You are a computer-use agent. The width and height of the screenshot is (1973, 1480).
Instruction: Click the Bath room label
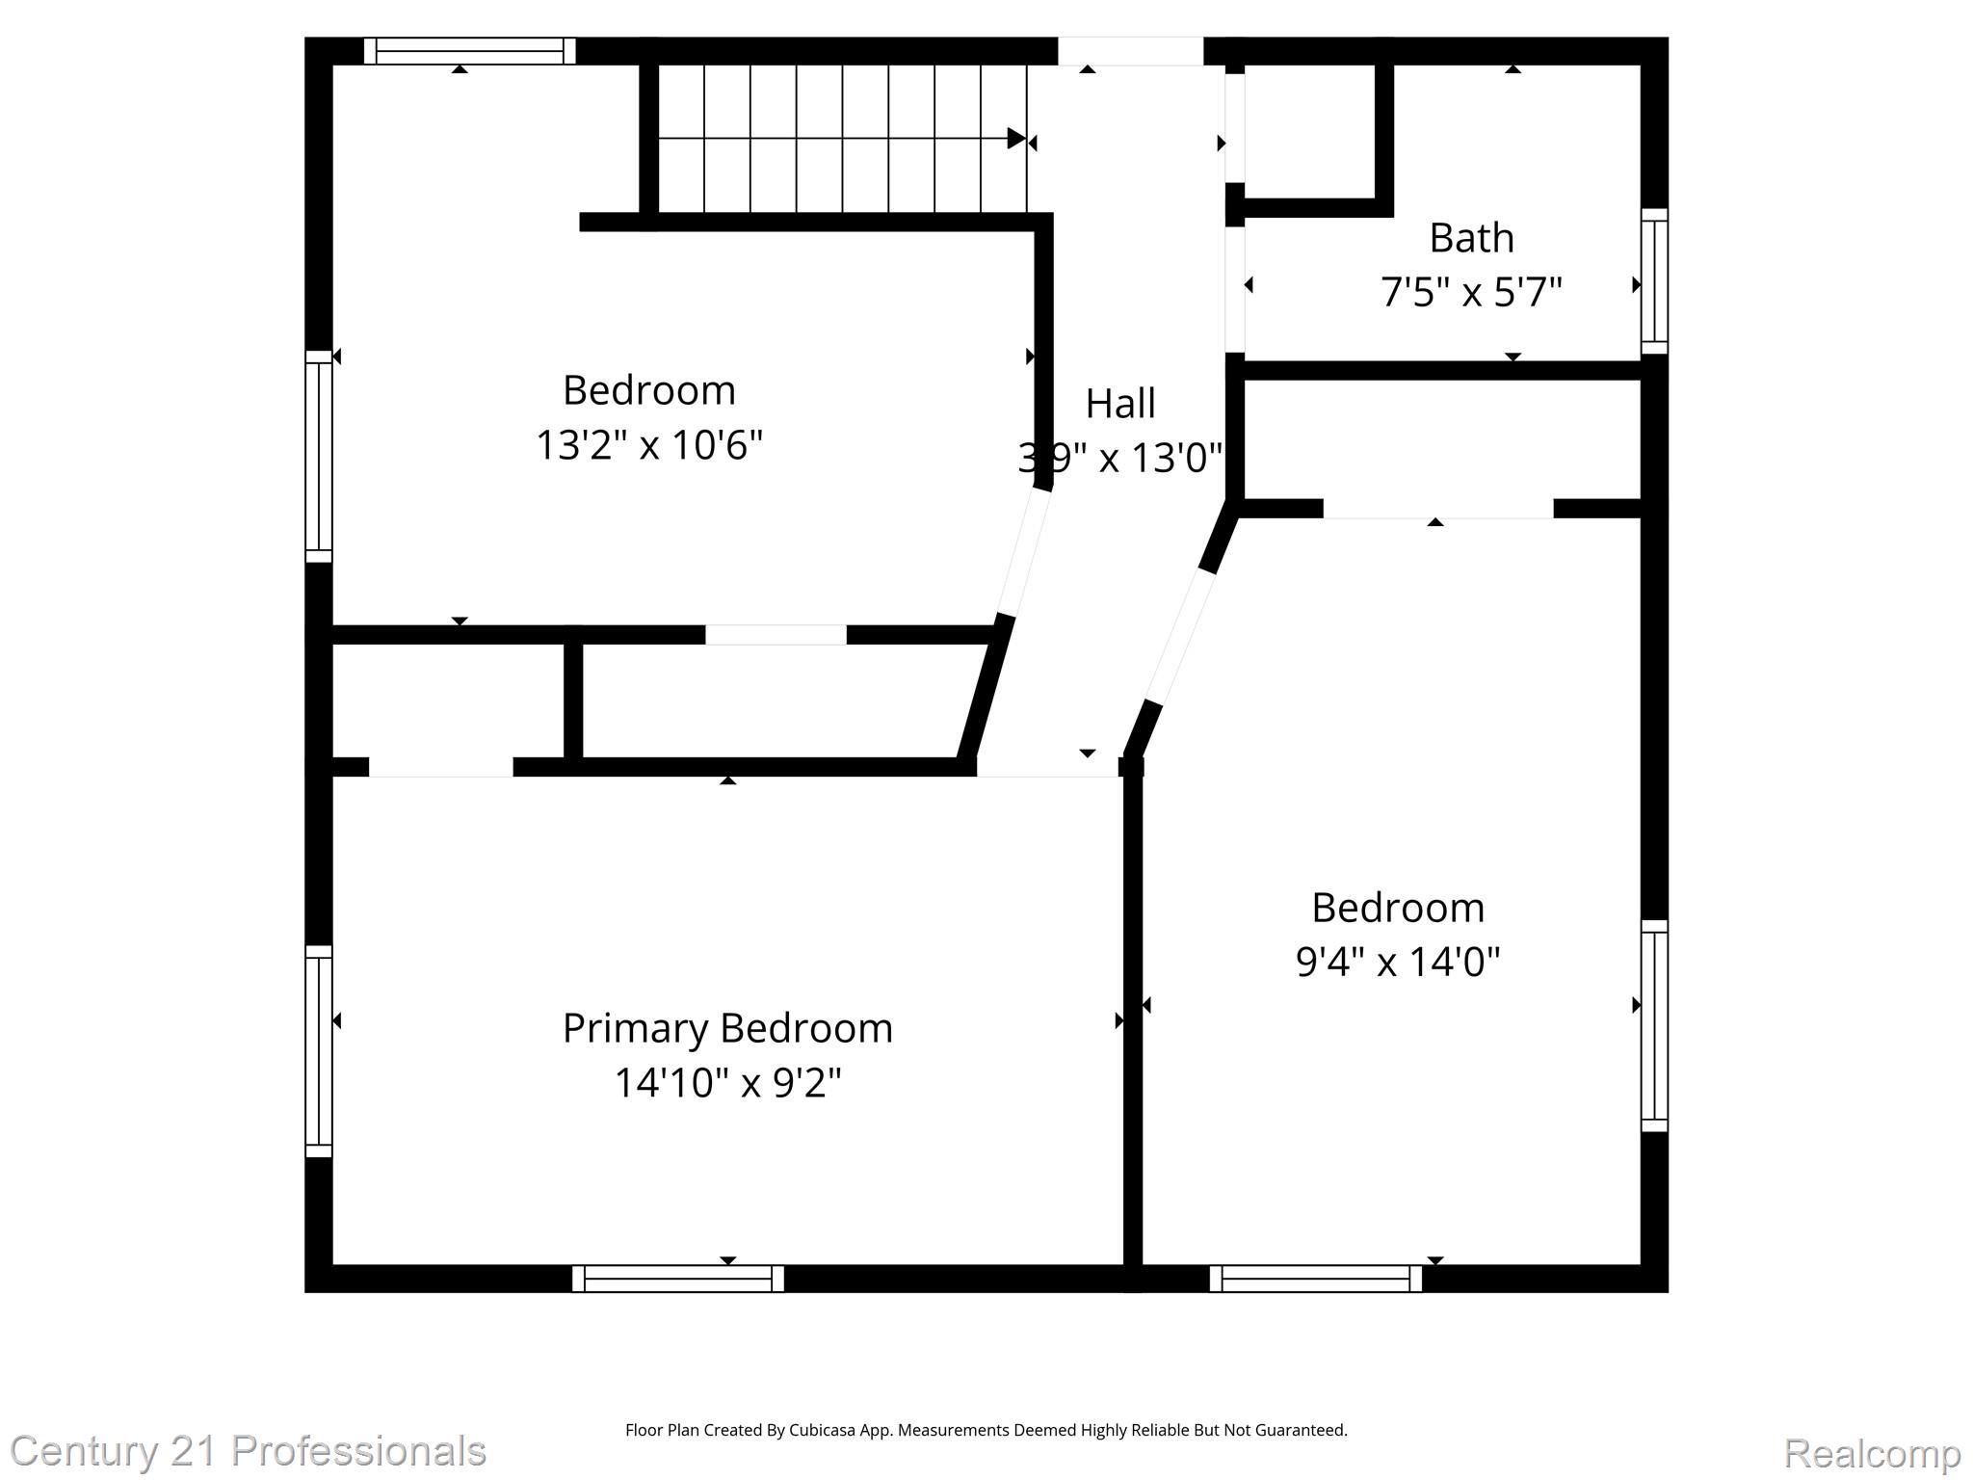1470,238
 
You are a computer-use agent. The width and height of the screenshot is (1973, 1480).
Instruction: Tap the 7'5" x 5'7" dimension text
1470,291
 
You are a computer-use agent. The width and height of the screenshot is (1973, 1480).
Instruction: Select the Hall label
1119,404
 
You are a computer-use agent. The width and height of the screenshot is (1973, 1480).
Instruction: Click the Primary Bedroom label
727,1028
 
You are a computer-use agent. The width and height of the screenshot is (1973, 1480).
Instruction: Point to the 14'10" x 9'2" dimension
727,1082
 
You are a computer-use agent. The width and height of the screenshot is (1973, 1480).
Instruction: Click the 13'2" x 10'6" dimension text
648,445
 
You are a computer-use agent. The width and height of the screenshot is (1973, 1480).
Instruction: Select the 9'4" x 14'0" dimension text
1397,961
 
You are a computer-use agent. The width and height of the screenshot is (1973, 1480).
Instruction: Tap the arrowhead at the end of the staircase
1015,139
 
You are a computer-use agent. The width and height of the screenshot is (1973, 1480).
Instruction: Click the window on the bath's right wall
1653,281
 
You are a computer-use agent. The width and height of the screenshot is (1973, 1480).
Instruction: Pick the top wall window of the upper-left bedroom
469,51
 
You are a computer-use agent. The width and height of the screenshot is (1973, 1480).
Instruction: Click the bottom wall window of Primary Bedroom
677,1279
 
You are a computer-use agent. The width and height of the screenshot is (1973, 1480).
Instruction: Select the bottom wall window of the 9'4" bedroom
1315,1279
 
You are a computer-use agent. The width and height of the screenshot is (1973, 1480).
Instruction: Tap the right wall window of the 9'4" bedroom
1653,1025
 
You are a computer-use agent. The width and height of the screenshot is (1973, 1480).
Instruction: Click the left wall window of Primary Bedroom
319,1051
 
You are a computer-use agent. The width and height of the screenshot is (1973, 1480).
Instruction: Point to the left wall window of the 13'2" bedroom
319,456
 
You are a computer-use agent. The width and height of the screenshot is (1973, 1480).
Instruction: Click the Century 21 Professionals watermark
249,1451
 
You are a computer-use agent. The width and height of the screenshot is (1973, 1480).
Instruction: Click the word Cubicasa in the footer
824,1430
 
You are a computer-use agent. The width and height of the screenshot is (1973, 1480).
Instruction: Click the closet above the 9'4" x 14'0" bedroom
1441,438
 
